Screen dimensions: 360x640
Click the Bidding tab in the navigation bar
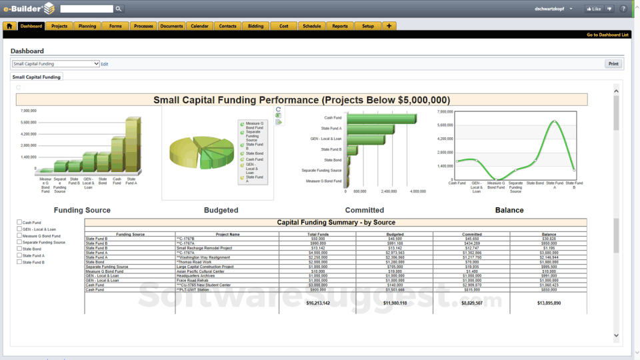[x=256, y=26]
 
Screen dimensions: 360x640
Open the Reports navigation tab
[x=340, y=26]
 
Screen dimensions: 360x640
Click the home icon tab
[x=9, y=26]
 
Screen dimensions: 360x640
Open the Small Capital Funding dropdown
[x=55, y=64]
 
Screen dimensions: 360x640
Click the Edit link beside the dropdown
[x=105, y=64]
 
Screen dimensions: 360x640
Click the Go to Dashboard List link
[x=607, y=35]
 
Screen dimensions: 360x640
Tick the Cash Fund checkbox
[x=19, y=222]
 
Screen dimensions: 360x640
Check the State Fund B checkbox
[x=19, y=262]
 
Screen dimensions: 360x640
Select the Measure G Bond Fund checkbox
[x=19, y=235]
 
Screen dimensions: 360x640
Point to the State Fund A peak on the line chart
[x=555, y=122]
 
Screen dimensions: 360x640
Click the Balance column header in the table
[x=549, y=234]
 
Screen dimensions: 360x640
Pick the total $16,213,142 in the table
[x=317, y=303]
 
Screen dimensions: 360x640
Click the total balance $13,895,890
[x=549, y=303]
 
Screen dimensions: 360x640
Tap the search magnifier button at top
[x=119, y=9]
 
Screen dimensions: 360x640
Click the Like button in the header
[x=593, y=9]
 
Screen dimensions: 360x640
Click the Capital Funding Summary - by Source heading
[x=336, y=222]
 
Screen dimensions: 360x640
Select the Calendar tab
[x=199, y=26]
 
